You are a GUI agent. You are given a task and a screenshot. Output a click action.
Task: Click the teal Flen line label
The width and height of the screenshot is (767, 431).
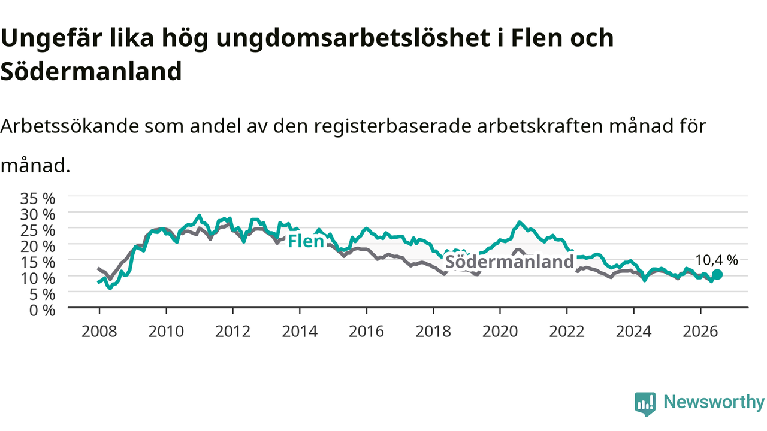tap(306, 241)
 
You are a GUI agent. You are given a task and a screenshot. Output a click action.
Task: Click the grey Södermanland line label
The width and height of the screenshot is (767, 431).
tap(509, 262)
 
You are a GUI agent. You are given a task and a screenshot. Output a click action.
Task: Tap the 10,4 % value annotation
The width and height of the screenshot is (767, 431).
tap(716, 260)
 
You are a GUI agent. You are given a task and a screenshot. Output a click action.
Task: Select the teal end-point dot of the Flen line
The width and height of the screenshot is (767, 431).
tap(717, 274)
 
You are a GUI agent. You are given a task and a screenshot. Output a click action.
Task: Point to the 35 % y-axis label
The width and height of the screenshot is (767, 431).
tap(38, 199)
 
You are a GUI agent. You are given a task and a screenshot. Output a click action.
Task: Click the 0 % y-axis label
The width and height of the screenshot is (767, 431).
tap(42, 311)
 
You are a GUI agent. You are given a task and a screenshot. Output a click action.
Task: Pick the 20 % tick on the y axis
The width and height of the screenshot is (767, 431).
tap(38, 247)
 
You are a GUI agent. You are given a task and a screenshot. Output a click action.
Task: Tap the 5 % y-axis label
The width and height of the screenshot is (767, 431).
tap(42, 295)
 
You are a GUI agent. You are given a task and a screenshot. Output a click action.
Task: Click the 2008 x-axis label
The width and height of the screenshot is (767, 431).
tap(99, 332)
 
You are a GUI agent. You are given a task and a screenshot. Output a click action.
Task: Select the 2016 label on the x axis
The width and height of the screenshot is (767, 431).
tap(366, 332)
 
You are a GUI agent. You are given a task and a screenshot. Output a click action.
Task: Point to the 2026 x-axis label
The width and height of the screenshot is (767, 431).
tap(700, 332)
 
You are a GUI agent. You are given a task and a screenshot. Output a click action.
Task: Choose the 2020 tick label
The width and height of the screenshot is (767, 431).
tap(500, 332)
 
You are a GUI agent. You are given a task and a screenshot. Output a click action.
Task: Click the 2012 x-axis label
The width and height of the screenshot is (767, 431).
tap(233, 332)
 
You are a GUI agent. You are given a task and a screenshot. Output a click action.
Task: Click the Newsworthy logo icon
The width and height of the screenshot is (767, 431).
tap(645, 404)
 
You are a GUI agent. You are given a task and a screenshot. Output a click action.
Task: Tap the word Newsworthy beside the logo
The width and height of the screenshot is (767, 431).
tap(714, 402)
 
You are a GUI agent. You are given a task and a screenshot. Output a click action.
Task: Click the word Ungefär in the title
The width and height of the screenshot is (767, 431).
tap(52, 38)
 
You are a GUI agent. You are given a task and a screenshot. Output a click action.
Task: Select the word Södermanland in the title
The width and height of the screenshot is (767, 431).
tap(91, 71)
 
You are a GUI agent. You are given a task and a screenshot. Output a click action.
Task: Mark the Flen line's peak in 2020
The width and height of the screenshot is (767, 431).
tap(520, 222)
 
